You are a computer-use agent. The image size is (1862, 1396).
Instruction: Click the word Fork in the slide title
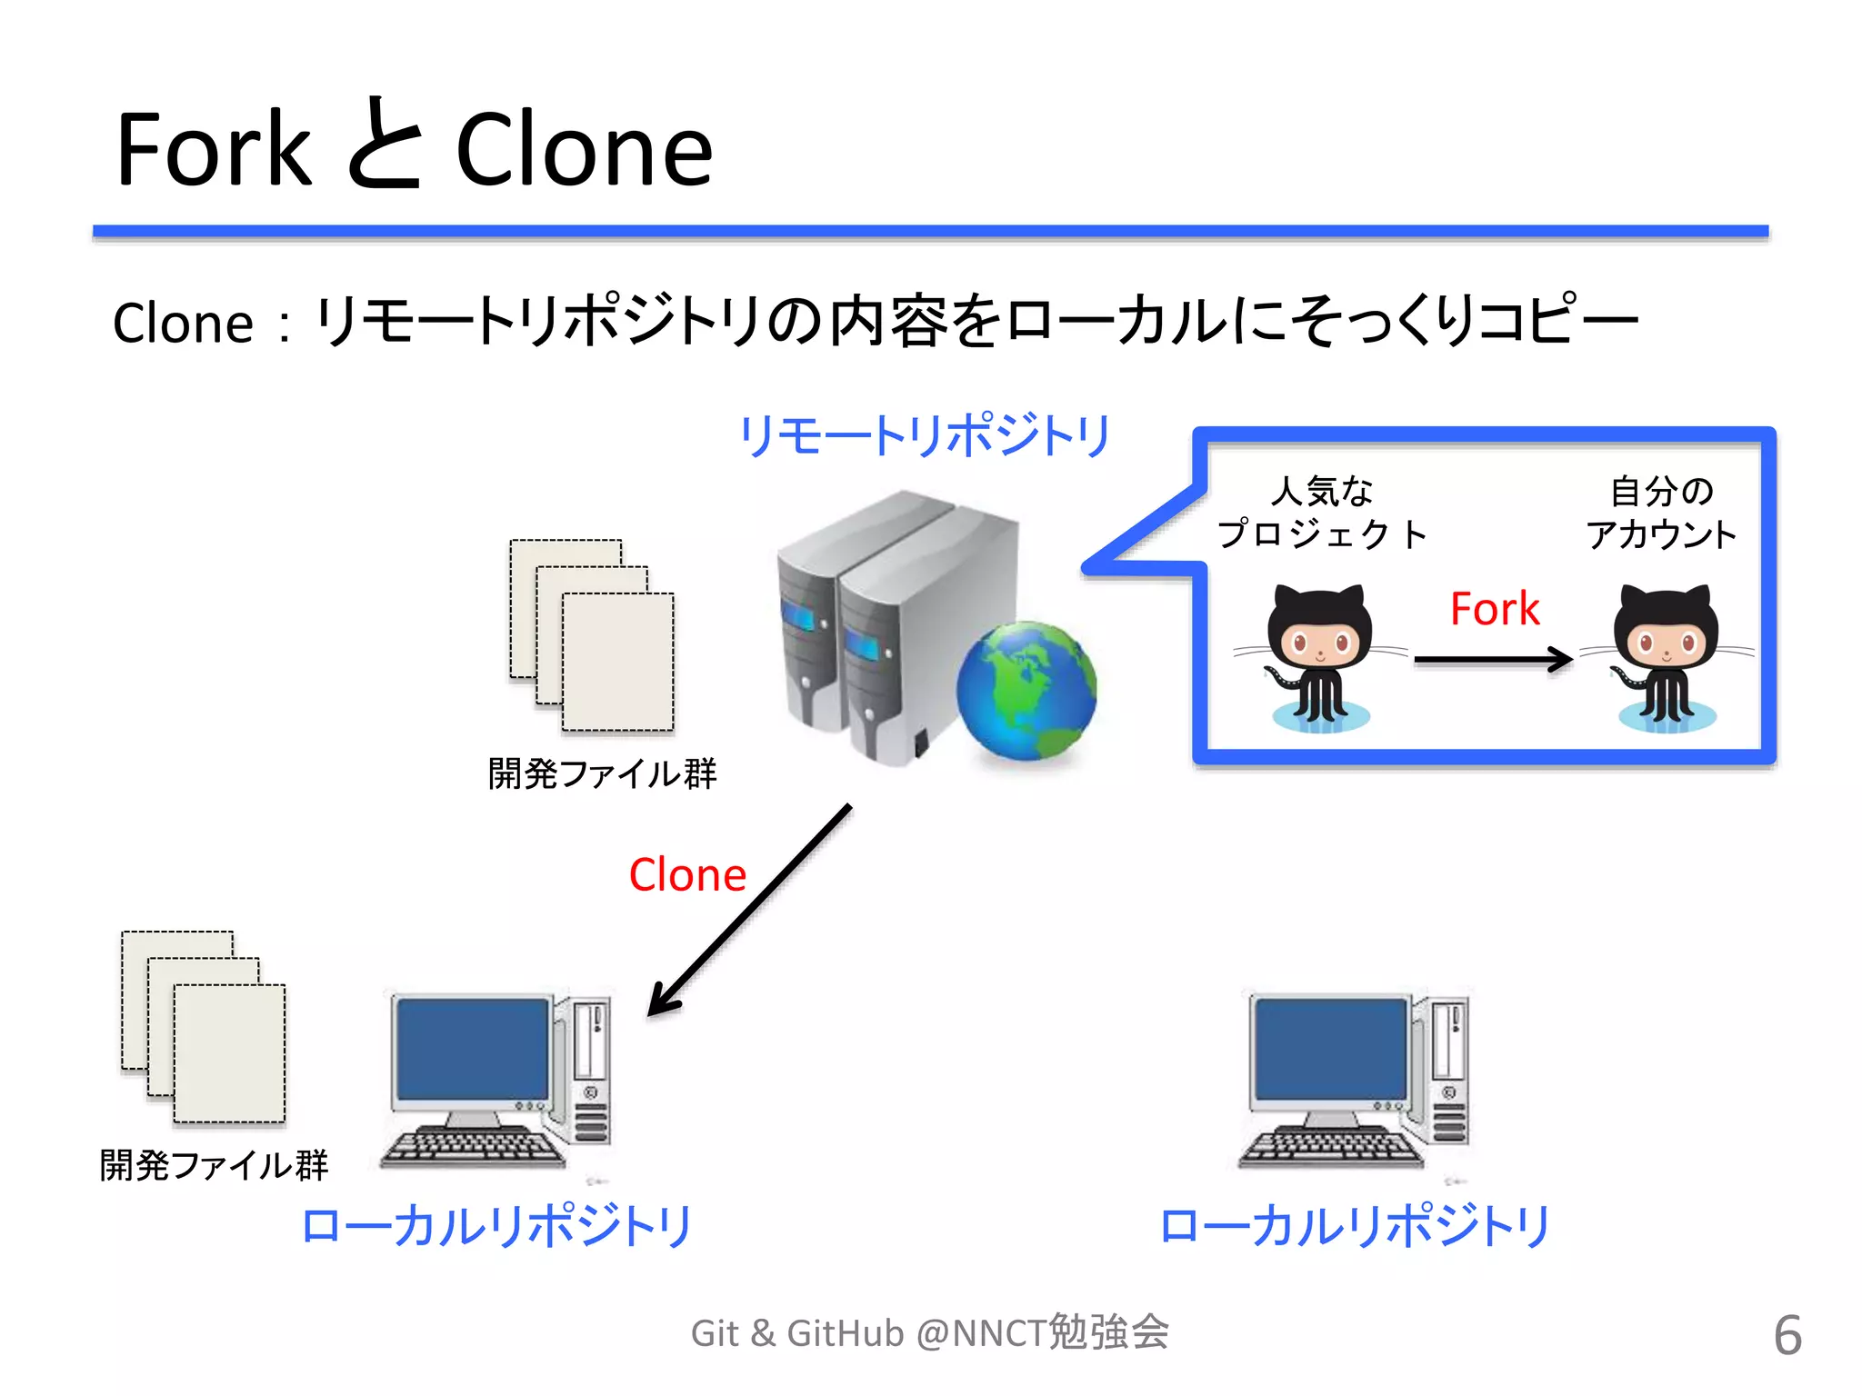click(214, 150)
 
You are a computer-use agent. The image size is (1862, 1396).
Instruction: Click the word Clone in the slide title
click(584, 150)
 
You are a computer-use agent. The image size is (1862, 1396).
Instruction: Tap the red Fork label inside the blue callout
click(1494, 609)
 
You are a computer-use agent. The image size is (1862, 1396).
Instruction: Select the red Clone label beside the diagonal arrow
click(687, 874)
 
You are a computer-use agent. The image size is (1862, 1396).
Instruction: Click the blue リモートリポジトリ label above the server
click(925, 435)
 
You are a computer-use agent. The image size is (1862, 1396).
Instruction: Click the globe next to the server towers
click(1026, 691)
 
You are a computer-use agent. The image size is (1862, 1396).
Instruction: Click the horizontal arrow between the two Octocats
click(1491, 659)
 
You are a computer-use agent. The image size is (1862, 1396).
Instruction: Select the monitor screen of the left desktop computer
click(473, 1050)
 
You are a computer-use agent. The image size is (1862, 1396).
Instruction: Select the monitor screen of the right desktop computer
click(1330, 1050)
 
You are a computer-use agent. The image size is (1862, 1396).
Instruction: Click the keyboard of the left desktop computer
click(473, 1148)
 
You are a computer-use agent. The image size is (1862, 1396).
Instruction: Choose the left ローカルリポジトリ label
click(496, 1226)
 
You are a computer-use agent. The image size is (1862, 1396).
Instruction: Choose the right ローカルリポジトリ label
click(1355, 1226)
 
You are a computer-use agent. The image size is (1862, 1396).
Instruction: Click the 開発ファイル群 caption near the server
click(602, 774)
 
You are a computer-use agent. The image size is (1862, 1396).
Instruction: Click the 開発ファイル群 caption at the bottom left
click(214, 1165)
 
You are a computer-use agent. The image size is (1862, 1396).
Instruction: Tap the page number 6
click(1787, 1335)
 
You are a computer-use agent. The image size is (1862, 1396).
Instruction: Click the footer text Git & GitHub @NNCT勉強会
click(929, 1333)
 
